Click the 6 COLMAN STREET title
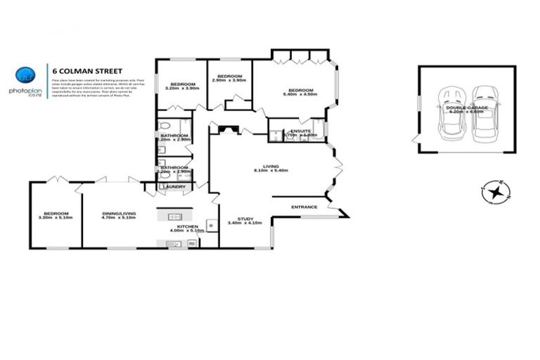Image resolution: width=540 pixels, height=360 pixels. [88, 70]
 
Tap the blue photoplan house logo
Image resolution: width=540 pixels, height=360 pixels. [24, 75]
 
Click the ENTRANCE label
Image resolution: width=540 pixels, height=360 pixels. [304, 207]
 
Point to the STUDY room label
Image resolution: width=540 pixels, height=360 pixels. [245, 219]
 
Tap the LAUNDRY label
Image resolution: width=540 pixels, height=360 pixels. [174, 187]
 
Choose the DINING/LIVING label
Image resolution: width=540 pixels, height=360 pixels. [118, 214]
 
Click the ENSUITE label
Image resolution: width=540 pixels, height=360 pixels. [300, 130]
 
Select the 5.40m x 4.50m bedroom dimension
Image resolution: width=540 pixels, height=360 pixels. [300, 94]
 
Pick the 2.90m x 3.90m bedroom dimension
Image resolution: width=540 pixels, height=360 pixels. [229, 80]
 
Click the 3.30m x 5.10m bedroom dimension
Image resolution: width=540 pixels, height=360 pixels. [55, 218]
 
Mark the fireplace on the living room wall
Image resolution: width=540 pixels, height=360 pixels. [229, 129]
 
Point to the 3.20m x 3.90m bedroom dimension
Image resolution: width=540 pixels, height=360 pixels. [181, 88]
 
